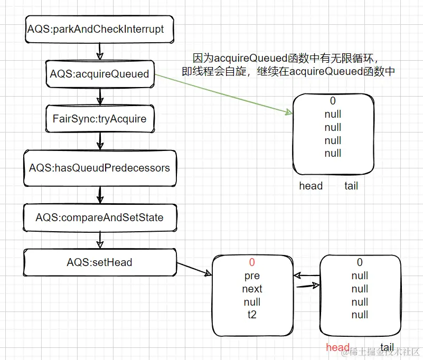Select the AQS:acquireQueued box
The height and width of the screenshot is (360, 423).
99,74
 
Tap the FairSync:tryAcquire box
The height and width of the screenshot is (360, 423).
99,118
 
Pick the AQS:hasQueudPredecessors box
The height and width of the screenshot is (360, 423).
99,168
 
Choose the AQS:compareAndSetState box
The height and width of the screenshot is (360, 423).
99,217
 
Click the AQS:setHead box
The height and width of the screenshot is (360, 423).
99,262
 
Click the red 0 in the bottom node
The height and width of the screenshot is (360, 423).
252,262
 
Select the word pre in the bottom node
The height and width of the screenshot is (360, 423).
252,276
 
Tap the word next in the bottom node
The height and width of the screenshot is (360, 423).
252,289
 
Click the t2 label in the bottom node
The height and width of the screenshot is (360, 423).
252,315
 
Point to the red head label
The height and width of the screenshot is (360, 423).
337,347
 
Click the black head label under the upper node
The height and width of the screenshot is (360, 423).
311,186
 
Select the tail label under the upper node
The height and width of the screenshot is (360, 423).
351,186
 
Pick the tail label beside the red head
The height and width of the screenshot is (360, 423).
387,347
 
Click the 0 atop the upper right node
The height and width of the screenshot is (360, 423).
333,101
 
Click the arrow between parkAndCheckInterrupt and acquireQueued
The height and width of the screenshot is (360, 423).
99,52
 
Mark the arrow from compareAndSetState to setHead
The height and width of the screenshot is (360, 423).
99,240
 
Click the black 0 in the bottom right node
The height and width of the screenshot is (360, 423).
360,262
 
